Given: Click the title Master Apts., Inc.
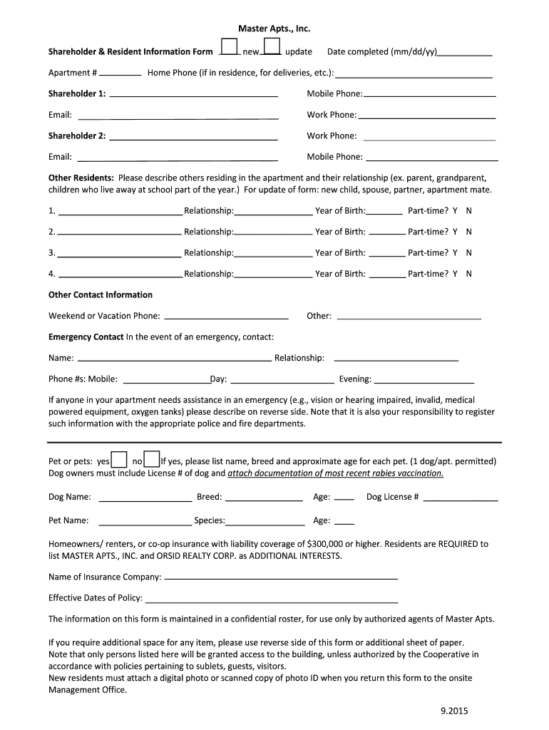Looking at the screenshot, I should (x=274, y=29).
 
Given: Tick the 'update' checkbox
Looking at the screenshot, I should (x=272, y=46).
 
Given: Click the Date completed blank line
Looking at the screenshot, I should (x=465, y=53).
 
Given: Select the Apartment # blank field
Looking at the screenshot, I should (x=120, y=73).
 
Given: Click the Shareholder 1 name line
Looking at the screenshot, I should (x=193, y=93).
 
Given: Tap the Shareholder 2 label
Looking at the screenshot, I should (x=77, y=135).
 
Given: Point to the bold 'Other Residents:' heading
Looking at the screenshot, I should (x=81, y=178).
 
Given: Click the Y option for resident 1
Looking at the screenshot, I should (x=455, y=211).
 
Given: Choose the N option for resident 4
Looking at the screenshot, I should (x=469, y=274).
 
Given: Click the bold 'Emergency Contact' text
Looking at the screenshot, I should (x=86, y=336).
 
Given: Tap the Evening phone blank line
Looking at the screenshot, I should (x=424, y=381).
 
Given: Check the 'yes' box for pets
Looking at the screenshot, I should (x=120, y=460).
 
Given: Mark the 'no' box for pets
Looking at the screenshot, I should (x=151, y=460).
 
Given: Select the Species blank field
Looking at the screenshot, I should (x=263, y=522).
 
